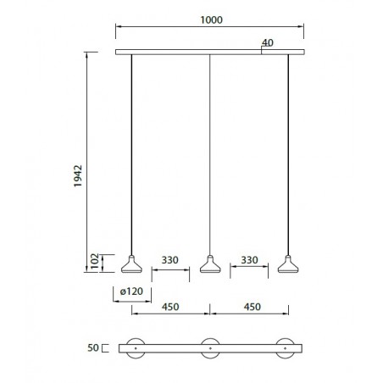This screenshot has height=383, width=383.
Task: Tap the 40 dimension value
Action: (x=269, y=42)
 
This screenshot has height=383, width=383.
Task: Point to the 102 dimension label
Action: (x=95, y=264)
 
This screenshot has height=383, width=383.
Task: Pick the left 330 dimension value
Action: (x=170, y=263)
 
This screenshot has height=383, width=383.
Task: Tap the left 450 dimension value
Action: (x=170, y=308)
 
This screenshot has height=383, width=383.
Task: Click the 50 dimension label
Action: (x=92, y=347)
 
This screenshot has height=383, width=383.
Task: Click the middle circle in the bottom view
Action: (x=210, y=347)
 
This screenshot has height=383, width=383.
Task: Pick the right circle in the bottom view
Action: (x=288, y=347)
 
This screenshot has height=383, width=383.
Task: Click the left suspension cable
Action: (x=131, y=153)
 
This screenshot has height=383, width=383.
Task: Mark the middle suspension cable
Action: (x=210, y=153)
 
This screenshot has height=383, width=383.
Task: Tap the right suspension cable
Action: (x=289, y=153)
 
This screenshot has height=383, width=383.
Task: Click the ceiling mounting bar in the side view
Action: (x=169, y=53)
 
